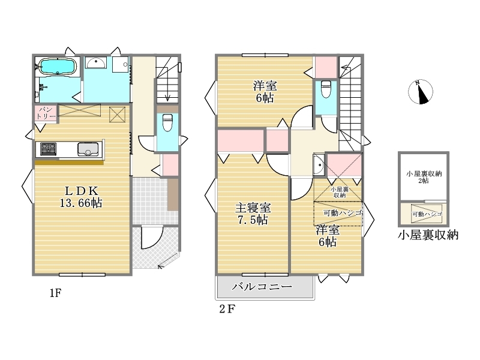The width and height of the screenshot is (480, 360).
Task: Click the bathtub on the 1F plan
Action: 57,67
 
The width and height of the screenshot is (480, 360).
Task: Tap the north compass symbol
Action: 421,92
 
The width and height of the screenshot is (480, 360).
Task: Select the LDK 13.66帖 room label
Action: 81,197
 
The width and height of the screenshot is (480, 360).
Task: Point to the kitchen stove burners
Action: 49,149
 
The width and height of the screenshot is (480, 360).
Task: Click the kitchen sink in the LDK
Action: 88,149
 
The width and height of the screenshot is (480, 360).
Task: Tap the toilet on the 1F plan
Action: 167,122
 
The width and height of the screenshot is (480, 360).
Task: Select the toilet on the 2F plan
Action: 326,89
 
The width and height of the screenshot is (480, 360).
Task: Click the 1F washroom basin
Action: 96,62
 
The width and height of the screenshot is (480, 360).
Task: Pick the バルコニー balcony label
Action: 262,287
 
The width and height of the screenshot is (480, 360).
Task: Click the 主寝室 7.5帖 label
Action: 253,214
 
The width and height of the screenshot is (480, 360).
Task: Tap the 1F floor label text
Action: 56,293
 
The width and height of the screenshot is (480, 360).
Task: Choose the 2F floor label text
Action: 227,309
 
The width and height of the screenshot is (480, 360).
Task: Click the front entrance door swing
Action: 152,238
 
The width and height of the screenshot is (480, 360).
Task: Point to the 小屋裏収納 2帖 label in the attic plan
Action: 424,177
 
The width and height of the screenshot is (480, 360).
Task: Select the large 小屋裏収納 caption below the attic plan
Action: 428,235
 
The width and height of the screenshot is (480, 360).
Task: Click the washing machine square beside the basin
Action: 120,64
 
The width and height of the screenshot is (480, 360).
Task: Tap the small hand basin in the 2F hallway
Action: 319,164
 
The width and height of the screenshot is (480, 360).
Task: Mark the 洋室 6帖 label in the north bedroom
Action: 265,92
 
